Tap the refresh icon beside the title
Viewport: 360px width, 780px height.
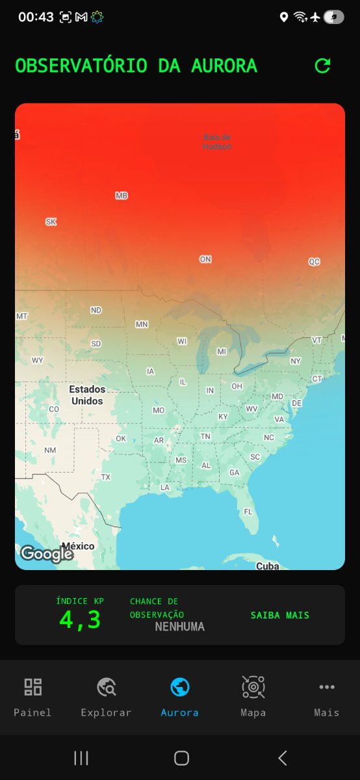coord(322,66)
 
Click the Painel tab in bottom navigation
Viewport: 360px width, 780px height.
coord(32,696)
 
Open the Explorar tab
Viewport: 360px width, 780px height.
coord(106,696)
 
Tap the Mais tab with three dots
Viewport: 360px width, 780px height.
coord(326,696)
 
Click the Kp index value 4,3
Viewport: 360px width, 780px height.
coord(80,619)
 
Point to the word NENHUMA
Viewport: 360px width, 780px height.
coord(179,627)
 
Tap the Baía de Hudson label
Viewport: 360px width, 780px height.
coord(217,142)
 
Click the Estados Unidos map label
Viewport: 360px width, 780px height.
coord(87,395)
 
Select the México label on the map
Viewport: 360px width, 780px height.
coord(78,546)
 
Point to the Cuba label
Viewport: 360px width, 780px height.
coord(267,566)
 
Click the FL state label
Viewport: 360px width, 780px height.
coord(248,512)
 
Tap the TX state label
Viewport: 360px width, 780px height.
coord(106,477)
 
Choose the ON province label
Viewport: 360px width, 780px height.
coord(205,259)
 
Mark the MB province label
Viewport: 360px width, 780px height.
coord(122,196)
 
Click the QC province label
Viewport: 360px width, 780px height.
coord(315,262)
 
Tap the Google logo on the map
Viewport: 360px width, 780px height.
coord(46,554)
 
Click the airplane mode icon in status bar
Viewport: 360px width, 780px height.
coord(316,18)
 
